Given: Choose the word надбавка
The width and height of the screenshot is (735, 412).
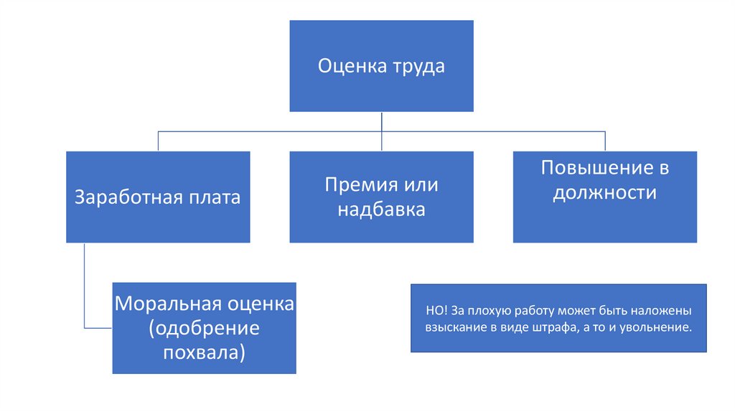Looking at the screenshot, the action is click(x=381, y=210).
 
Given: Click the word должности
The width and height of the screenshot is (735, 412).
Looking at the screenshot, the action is click(x=605, y=193).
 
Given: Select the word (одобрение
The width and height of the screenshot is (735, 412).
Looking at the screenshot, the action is click(x=204, y=328).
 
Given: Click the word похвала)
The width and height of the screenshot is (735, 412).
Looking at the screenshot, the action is click(x=204, y=352).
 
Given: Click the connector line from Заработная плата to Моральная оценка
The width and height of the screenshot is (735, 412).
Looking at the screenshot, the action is click(x=85, y=287).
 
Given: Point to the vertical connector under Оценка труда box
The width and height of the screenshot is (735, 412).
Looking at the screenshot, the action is click(x=381, y=122).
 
